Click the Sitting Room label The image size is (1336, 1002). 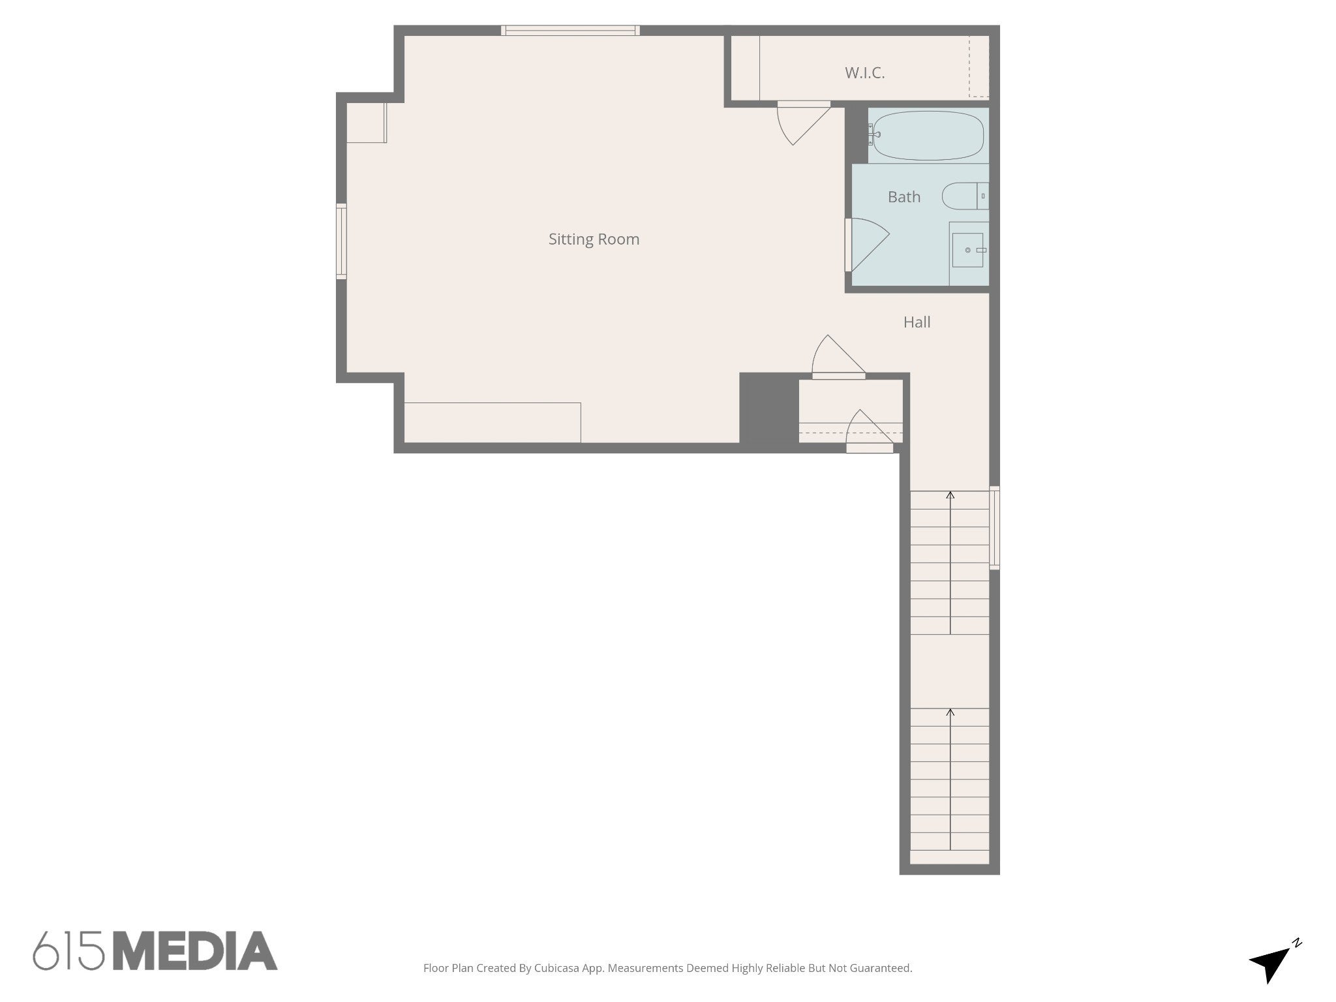pyautogui.click(x=594, y=239)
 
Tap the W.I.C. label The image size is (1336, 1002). pyautogui.click(x=865, y=73)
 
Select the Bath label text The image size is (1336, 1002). pyautogui.click(x=904, y=197)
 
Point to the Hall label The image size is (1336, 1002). pyautogui.click(x=917, y=322)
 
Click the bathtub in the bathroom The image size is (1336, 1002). pyautogui.click(x=928, y=136)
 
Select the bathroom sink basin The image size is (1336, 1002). pyautogui.click(x=967, y=250)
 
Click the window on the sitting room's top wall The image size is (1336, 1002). pyautogui.click(x=570, y=30)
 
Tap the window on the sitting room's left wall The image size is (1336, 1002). pyautogui.click(x=341, y=241)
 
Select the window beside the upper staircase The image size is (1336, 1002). pyautogui.click(x=994, y=527)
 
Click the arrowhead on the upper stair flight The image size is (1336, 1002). pyautogui.click(x=950, y=495)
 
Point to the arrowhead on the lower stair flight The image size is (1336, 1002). pyautogui.click(x=950, y=712)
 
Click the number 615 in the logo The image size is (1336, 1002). pyautogui.click(x=68, y=951)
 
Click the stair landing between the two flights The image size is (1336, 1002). pyautogui.click(x=950, y=671)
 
